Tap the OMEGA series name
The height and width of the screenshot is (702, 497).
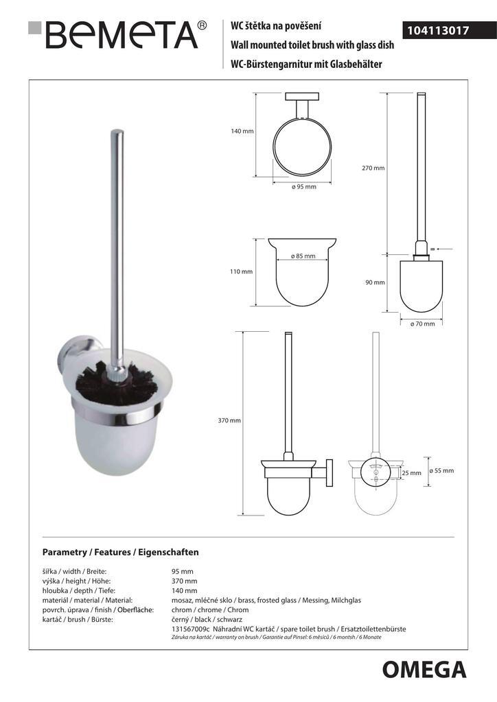click(x=424, y=668)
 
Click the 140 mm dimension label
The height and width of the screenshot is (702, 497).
click(x=242, y=132)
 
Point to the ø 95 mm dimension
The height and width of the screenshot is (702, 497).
click(x=303, y=187)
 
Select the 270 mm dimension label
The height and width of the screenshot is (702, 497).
click(x=373, y=168)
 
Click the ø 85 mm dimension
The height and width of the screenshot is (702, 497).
click(x=303, y=256)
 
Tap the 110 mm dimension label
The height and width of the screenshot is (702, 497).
click(x=241, y=271)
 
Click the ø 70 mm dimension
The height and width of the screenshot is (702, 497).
click(x=422, y=324)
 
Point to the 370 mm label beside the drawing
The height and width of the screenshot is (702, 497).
click(x=229, y=420)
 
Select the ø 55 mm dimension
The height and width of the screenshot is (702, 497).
click(x=441, y=471)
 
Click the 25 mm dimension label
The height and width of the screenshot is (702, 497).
click(x=411, y=473)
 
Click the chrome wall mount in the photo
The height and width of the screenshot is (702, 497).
click(x=65, y=362)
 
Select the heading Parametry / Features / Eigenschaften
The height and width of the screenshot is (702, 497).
click(x=120, y=551)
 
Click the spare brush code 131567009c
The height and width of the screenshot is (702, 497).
click(x=195, y=629)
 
